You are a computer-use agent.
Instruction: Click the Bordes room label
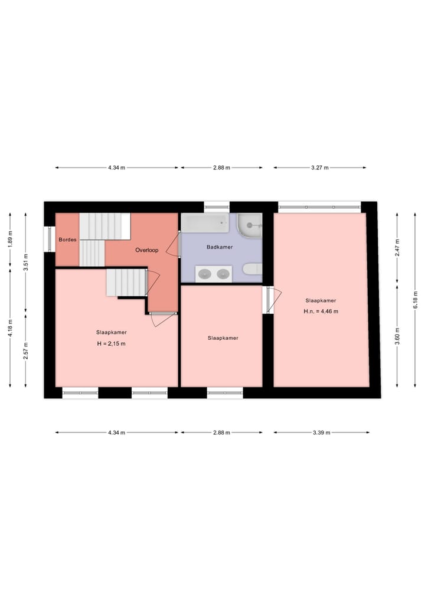click(x=67, y=240)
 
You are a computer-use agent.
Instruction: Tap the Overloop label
click(x=147, y=250)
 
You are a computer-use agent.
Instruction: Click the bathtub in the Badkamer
click(x=205, y=223)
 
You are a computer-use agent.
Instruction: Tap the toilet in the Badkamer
click(x=252, y=270)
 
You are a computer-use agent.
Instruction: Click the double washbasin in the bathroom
click(x=214, y=273)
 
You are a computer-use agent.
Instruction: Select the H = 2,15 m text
click(x=112, y=343)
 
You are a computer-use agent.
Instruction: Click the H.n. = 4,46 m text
click(x=321, y=312)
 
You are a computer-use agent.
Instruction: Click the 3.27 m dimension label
click(x=319, y=168)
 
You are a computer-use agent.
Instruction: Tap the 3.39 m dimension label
click(x=321, y=432)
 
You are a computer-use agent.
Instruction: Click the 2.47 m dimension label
click(x=397, y=247)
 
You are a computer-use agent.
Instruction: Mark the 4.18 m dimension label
click(x=10, y=329)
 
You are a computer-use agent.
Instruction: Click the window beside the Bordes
click(x=48, y=239)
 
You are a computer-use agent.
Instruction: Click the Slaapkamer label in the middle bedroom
click(x=223, y=338)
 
